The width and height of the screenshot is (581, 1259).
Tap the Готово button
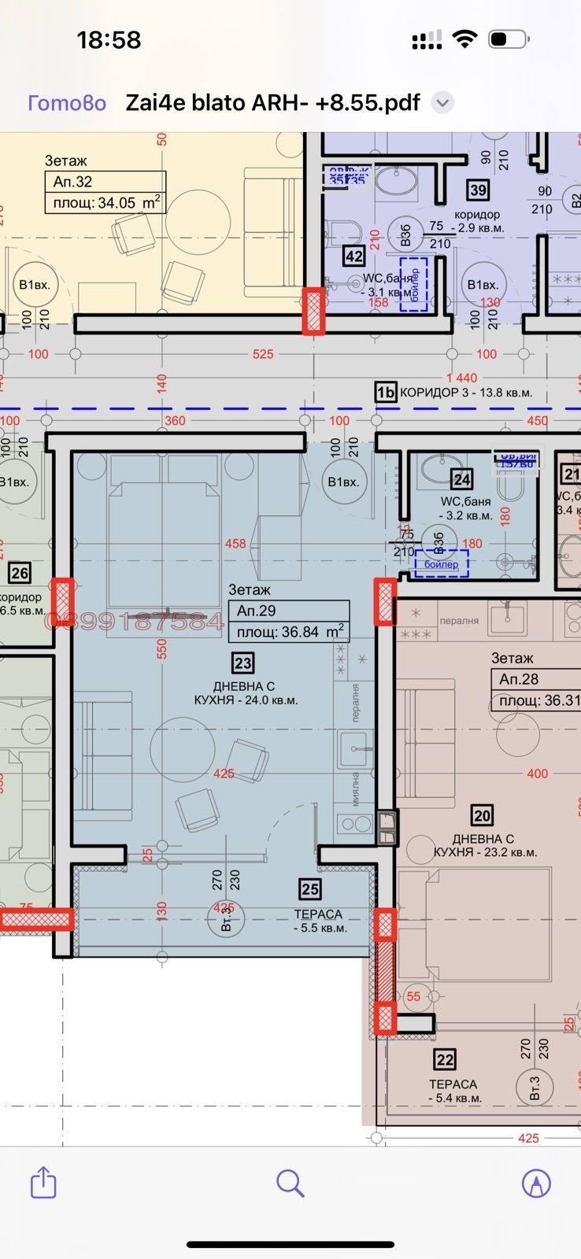click(67, 103)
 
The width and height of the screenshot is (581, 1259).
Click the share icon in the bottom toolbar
click(43, 1183)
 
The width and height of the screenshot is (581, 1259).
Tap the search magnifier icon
click(290, 1183)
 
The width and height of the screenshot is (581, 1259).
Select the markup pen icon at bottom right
click(536, 1183)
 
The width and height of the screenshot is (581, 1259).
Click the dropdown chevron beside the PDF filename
click(442, 103)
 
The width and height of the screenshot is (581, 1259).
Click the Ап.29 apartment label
click(257, 611)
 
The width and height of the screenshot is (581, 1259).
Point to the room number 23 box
click(242, 663)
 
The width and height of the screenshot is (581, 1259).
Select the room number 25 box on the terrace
click(310, 889)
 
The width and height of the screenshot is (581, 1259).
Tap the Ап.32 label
click(73, 182)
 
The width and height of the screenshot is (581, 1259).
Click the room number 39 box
click(477, 190)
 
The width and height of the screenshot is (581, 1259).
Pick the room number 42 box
click(353, 256)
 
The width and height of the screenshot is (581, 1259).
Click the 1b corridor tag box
click(385, 392)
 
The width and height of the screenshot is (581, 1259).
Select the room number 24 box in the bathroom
click(462, 479)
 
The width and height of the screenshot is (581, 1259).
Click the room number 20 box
click(482, 815)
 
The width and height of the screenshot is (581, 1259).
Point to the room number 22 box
click(445, 1060)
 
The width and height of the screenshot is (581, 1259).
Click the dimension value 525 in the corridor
click(263, 354)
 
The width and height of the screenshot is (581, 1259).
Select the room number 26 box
click(20, 573)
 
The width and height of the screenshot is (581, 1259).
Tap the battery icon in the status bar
click(507, 39)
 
